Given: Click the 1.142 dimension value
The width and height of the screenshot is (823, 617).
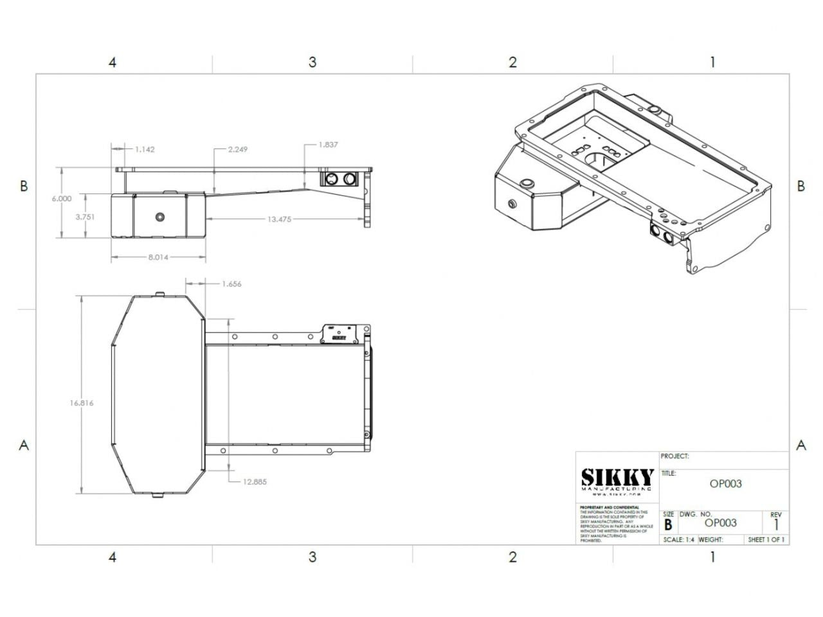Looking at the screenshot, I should click(x=145, y=149).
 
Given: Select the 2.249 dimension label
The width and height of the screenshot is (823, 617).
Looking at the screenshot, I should click(x=237, y=149).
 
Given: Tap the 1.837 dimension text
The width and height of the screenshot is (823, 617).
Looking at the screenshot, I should click(x=328, y=145).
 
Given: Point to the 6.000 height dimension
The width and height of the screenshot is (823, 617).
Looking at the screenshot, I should click(x=62, y=199).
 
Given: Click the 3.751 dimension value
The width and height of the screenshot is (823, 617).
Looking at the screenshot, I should click(x=85, y=217).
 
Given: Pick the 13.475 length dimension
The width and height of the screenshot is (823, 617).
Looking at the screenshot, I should click(x=279, y=219).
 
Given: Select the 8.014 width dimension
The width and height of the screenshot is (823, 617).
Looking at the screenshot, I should click(x=158, y=257).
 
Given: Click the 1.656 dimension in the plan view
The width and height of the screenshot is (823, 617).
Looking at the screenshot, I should click(x=231, y=283).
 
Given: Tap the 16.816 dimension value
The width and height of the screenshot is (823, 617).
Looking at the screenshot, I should click(x=82, y=403).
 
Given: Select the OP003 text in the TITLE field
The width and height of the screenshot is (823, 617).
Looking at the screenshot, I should click(x=725, y=483).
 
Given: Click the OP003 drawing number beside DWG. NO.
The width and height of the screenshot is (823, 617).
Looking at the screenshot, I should click(x=720, y=523).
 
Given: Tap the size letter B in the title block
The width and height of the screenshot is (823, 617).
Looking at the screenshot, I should click(x=668, y=524).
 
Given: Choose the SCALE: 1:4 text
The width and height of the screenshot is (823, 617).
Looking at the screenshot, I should click(x=678, y=540).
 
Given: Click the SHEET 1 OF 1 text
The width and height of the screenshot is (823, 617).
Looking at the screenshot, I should click(x=766, y=540).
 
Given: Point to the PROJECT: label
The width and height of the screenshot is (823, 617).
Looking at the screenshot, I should click(x=674, y=456).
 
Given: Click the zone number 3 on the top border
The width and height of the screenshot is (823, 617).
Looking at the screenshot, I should click(x=312, y=62).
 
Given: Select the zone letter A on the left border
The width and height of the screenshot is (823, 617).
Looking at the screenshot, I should click(x=24, y=445).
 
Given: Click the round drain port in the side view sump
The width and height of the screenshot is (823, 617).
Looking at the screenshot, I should click(x=158, y=217).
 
